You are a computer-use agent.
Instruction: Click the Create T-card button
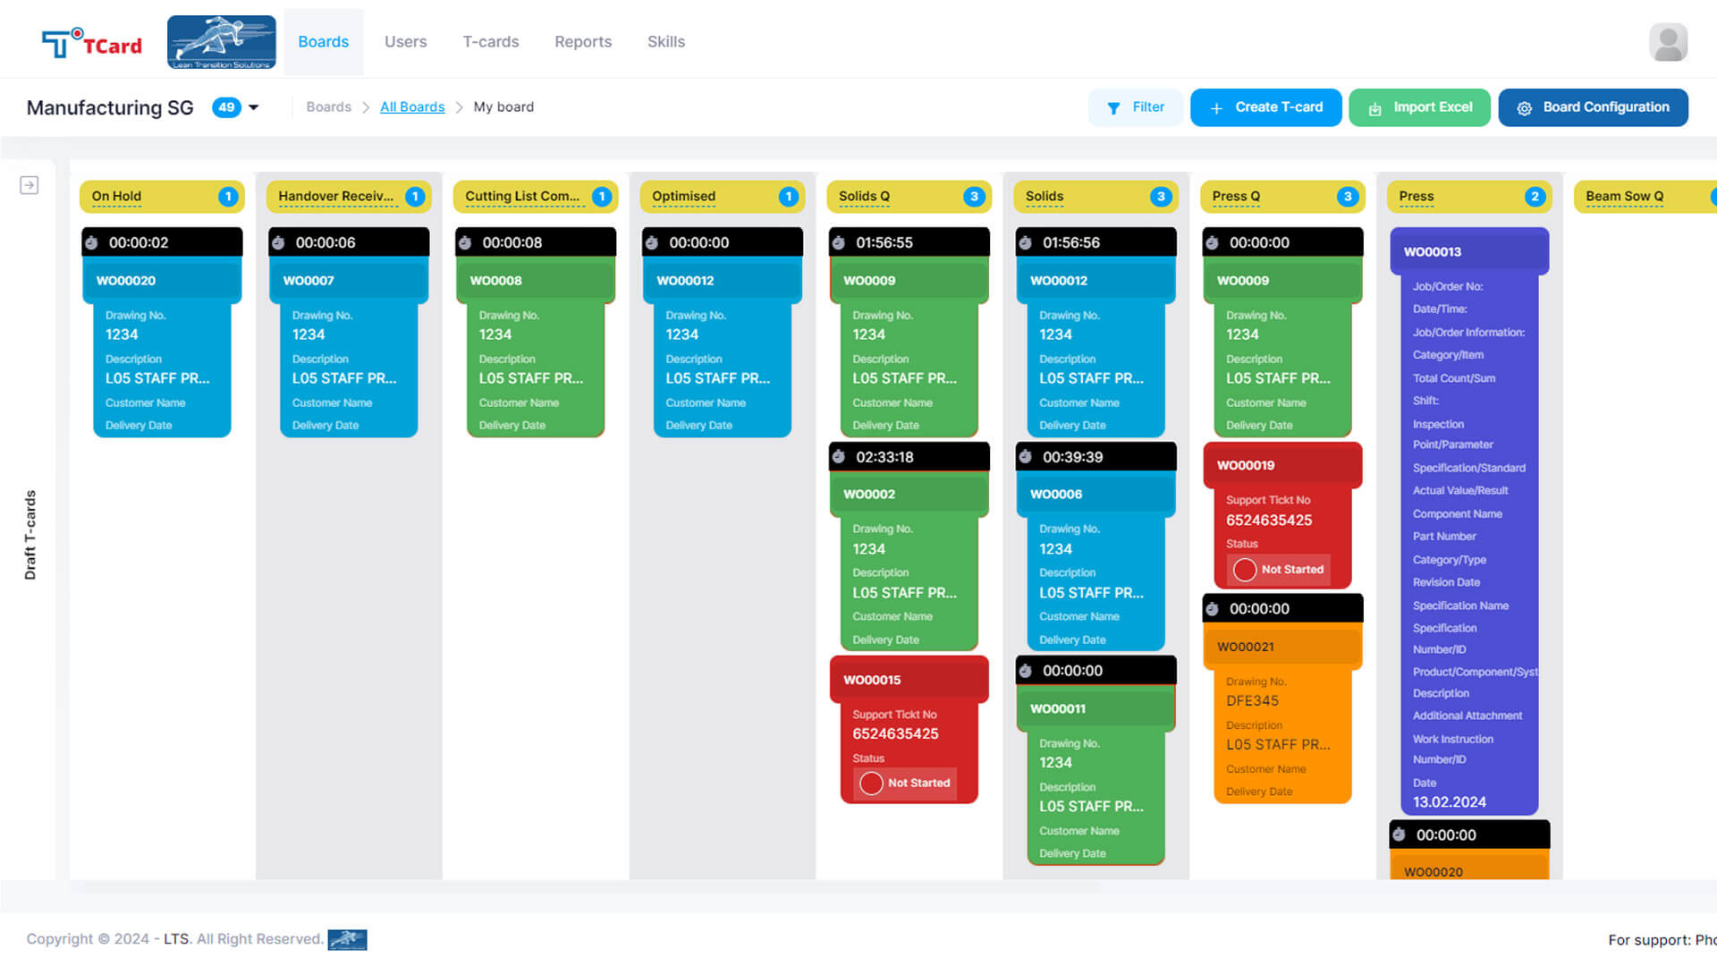[x=1265, y=107]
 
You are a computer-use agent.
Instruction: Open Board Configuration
[x=1593, y=107]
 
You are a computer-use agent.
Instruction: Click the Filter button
[x=1136, y=107]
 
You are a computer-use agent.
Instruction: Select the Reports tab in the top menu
[x=583, y=42]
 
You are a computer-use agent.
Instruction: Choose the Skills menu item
[x=666, y=42]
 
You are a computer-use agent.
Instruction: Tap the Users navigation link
[x=405, y=42]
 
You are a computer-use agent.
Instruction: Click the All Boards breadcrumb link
[x=412, y=107]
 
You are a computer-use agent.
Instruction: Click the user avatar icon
[x=1668, y=42]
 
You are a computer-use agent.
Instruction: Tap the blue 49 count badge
[x=226, y=107]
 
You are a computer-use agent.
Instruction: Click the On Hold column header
[x=116, y=197]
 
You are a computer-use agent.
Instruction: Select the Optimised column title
[x=683, y=197]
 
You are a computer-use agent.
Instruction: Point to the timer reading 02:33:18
[x=884, y=457]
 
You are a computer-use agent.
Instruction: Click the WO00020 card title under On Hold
[x=126, y=281]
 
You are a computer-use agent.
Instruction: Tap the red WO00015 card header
[x=872, y=680]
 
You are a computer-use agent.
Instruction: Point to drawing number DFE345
[x=1252, y=701]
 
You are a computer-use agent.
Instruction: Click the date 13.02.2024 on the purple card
[x=1449, y=802]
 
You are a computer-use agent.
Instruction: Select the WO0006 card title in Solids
[x=1056, y=495]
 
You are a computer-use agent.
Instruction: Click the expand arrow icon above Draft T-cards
[x=30, y=185]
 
